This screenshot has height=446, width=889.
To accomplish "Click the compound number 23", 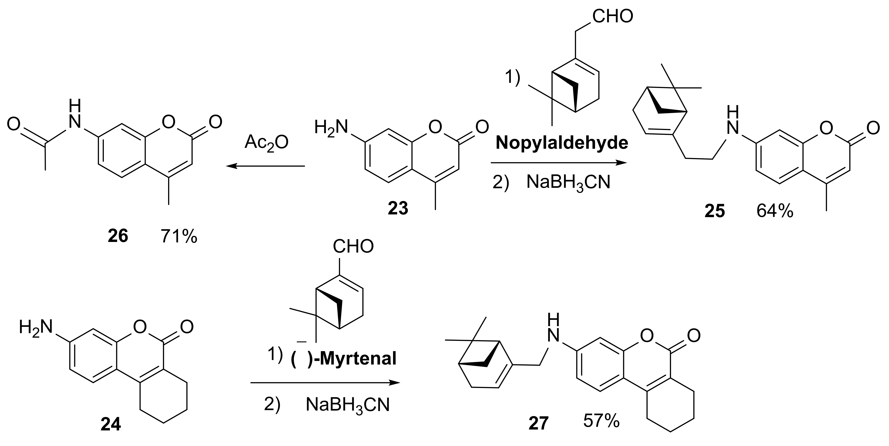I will pyautogui.click(x=398, y=208).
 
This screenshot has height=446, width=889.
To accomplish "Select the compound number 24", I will pyautogui.click(x=111, y=424).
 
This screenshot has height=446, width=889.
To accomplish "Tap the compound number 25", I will pyautogui.click(x=715, y=211).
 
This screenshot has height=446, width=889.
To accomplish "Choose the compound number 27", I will pyautogui.click(x=538, y=423).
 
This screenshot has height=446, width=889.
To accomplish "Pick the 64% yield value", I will pyautogui.click(x=775, y=211).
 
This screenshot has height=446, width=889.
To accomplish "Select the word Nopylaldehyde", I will pyautogui.click(x=562, y=143).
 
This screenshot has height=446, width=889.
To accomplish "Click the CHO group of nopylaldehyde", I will pyautogui.click(x=613, y=16).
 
